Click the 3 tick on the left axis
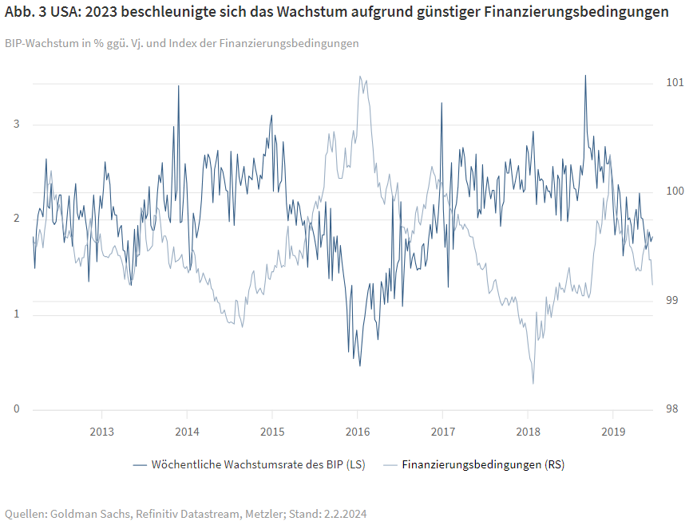coord(16,124)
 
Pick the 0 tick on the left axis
coord(16,409)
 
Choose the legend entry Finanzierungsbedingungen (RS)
coord(483,464)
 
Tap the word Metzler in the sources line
coord(259,514)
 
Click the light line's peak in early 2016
coord(360,77)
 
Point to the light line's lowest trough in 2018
coord(533,383)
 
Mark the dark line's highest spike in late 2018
coord(585,76)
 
